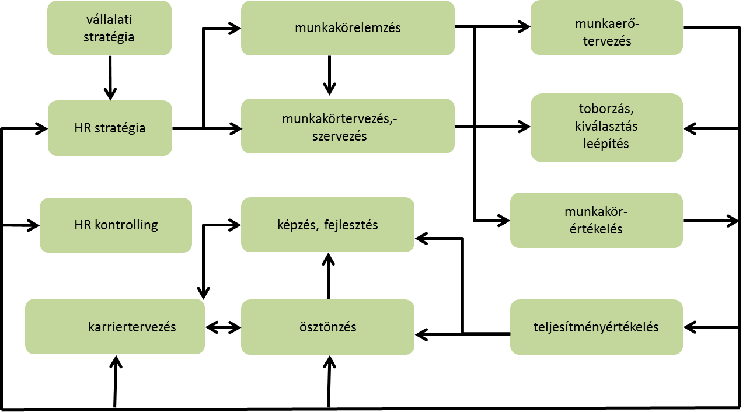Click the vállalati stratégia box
pos(109,28)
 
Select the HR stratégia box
pos(110,128)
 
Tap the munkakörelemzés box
pos(347,28)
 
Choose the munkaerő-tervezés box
pos(606,27)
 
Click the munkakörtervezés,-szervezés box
pos(347,126)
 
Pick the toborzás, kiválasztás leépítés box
pos(606,128)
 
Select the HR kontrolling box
pos(116,225)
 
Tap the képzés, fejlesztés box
pos(327,225)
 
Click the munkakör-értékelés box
pos(597,220)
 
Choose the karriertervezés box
pos(115,327)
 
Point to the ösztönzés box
pos(327,327)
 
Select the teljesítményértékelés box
pos(597,327)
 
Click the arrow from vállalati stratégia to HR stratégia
pos(110,78)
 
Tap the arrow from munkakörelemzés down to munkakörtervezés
pos(329,76)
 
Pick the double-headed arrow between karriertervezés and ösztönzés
pos(223,327)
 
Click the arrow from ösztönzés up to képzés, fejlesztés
pos(328,276)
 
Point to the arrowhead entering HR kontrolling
pos(33,225)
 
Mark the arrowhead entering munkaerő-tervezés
pos(524,26)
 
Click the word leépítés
pos(606,144)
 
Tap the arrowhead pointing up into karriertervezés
pos(116,362)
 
